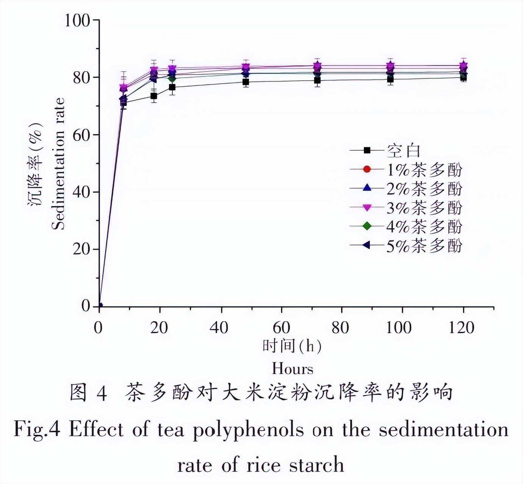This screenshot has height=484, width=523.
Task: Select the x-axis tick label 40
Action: coord(219,327)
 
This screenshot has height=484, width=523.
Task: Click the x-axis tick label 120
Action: coord(462,327)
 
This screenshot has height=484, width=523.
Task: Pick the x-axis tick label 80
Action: coord(340,327)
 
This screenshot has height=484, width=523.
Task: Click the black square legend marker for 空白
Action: coord(366,150)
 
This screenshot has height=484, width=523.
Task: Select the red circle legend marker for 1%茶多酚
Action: coord(366,169)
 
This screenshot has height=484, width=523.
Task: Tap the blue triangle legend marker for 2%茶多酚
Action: coord(366,188)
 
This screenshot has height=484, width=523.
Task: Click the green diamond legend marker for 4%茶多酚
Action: coord(366,226)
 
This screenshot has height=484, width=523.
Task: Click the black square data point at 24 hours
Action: coord(172,87)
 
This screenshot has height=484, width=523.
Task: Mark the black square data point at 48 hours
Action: coord(246,82)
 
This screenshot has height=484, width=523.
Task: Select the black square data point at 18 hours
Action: coord(153,96)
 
